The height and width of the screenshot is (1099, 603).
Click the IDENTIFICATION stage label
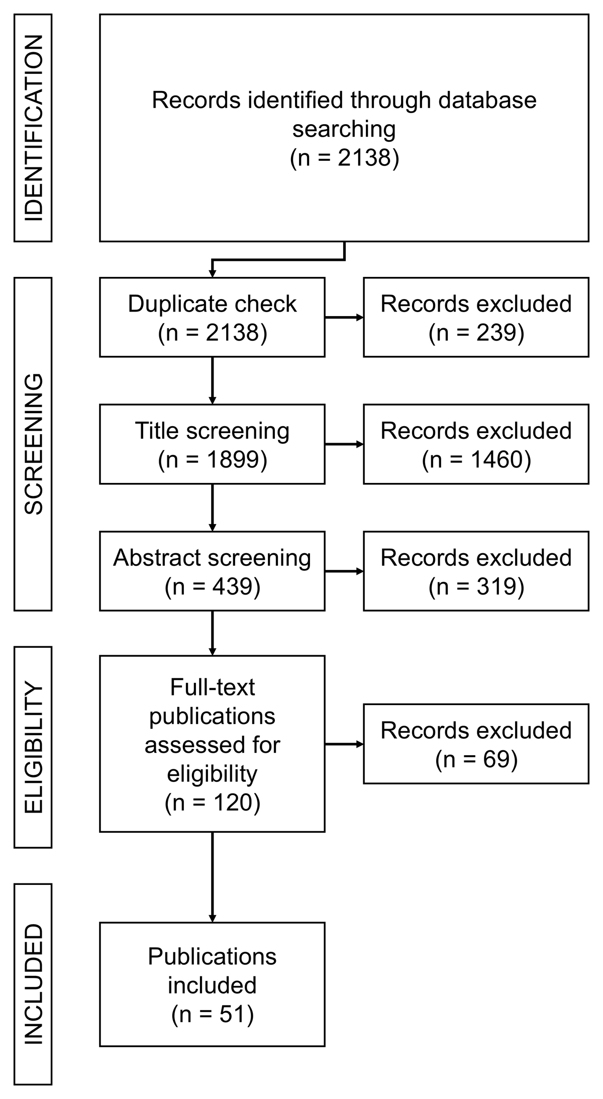pos(33,128)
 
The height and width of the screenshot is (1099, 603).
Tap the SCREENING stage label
pos(33,444)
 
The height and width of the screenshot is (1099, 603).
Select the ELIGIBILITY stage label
pos(33,747)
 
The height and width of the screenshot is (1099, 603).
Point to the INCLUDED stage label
pos(33,984)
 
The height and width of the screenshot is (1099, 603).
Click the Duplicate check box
pos(212,317)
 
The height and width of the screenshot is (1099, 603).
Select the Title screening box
pos(212,444)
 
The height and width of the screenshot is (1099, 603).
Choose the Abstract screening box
pos(212,571)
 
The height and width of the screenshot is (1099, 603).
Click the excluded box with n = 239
pos(476,317)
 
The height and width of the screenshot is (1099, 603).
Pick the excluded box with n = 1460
pos(476,444)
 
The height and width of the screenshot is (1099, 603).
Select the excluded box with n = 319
pos(476,571)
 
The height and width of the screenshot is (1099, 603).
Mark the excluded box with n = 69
pos(476,744)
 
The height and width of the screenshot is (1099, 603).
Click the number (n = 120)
pos(213,802)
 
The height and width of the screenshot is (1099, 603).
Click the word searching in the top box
pos(344,130)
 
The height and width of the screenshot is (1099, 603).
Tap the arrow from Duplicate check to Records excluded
pos(344,318)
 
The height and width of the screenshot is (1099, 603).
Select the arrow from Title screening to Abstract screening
pos(213,508)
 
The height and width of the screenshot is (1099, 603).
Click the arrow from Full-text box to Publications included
pos(213,877)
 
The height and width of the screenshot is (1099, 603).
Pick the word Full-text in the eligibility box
pos(213,687)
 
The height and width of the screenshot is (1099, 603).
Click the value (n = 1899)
pos(213,460)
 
